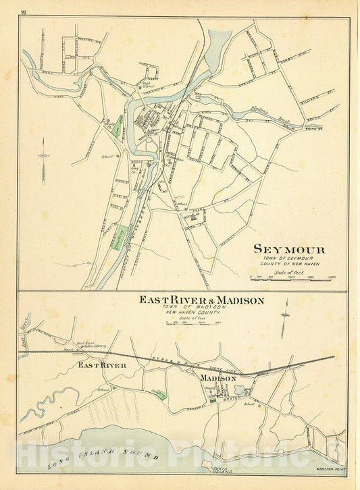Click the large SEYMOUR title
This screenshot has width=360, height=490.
[x=288, y=249]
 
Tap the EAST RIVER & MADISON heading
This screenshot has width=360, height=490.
[x=201, y=300]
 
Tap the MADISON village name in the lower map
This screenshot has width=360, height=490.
[x=216, y=378]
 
